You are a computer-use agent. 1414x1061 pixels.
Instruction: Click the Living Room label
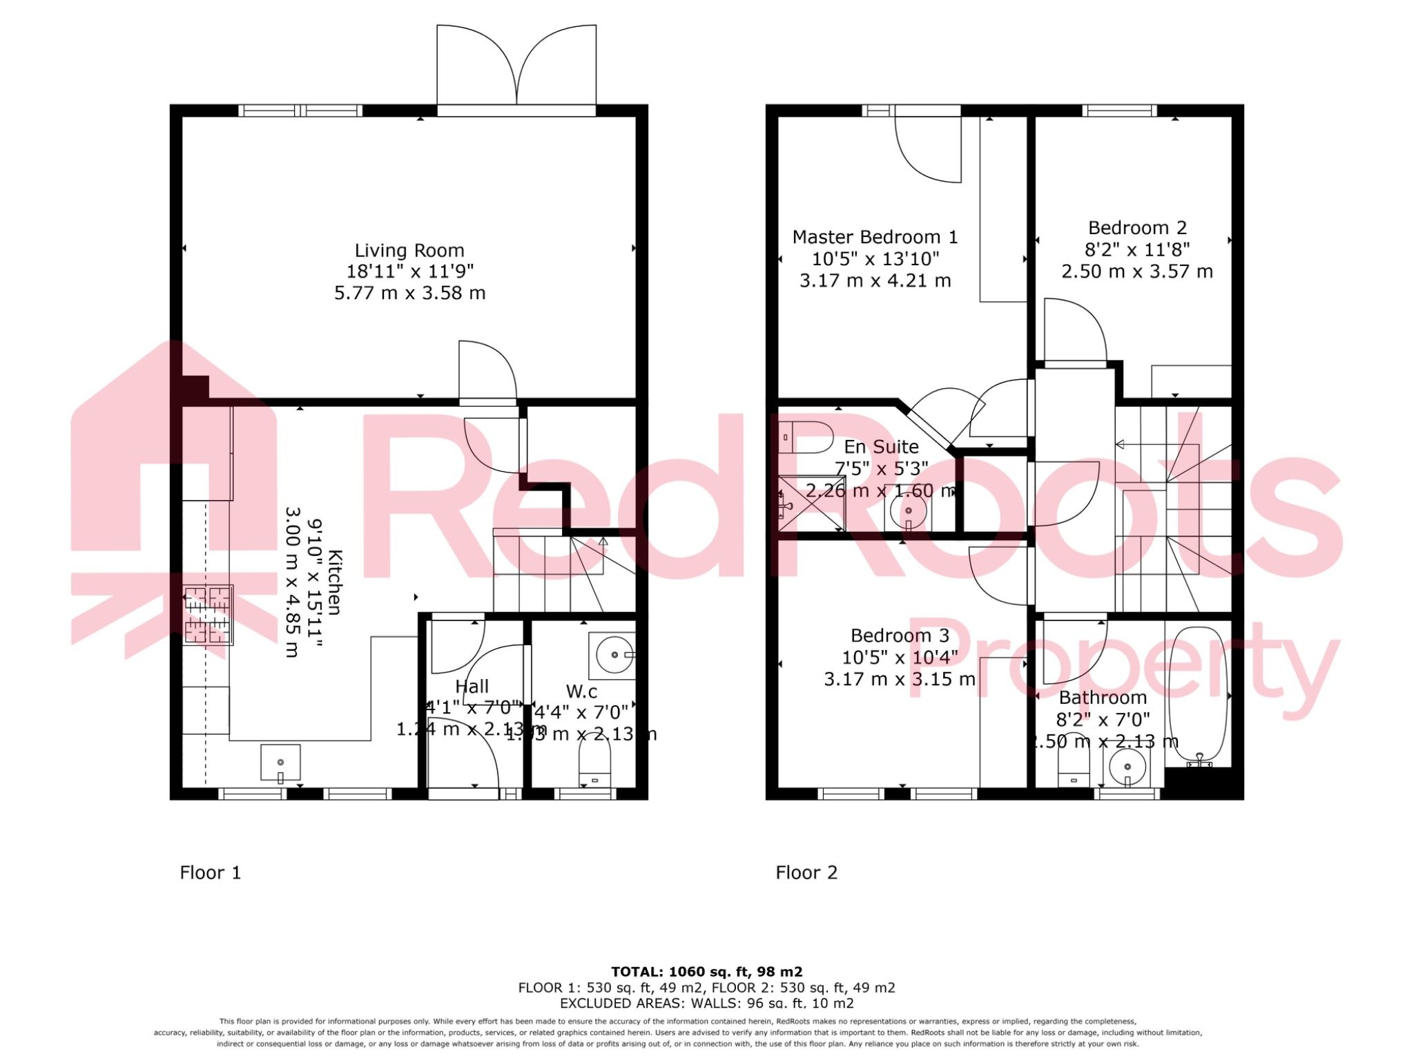click(409, 250)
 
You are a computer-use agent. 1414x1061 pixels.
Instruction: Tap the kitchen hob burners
click(207, 614)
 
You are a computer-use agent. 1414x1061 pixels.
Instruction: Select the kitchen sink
click(280, 763)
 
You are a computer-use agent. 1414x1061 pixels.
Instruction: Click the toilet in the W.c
click(594, 769)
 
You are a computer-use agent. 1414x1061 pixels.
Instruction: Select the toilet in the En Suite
click(805, 437)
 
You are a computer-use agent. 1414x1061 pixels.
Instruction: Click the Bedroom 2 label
click(1137, 228)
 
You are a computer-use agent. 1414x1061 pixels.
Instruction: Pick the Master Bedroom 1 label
click(875, 237)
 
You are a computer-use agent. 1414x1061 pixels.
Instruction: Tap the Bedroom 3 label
click(900, 635)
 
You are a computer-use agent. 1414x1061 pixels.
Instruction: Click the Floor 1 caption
click(211, 872)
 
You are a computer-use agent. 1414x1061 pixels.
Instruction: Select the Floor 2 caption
click(806, 872)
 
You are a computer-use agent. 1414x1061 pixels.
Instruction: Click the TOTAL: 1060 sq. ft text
click(706, 972)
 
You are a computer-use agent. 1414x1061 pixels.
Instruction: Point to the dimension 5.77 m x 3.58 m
click(409, 293)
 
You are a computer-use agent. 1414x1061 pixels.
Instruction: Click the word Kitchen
click(335, 582)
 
